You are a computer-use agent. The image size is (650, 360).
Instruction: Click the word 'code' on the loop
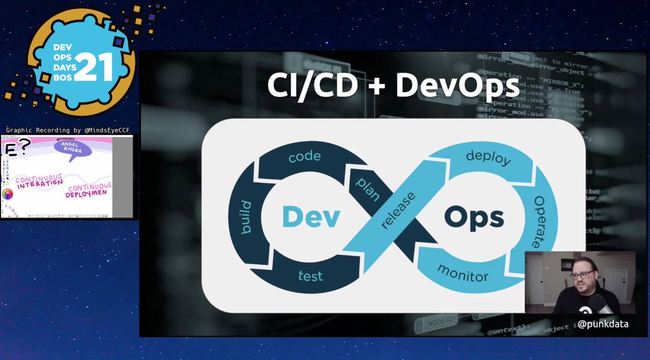304,156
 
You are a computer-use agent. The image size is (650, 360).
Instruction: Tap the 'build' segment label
246,217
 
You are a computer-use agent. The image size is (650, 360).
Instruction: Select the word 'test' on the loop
310,276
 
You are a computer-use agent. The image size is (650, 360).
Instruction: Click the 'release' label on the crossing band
399,210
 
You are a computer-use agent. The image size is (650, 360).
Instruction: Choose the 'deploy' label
488,159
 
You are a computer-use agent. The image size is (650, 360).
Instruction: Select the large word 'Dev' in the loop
311,217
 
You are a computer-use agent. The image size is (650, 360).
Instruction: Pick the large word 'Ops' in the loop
474,218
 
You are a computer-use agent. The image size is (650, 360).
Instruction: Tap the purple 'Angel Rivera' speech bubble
72,147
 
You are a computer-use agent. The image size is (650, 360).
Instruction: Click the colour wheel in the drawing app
8,194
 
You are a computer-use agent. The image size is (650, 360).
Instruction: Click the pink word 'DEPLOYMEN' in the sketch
88,194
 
